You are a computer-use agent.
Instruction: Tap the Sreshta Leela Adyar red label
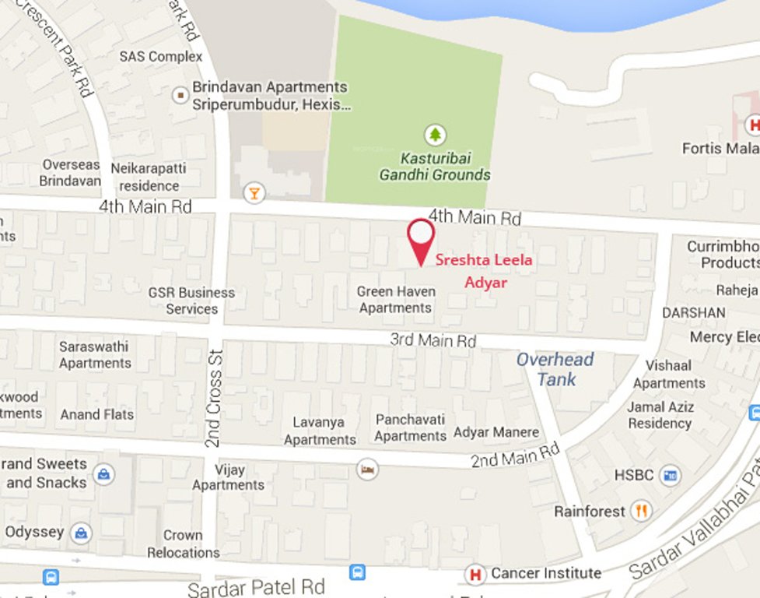click(x=484, y=271)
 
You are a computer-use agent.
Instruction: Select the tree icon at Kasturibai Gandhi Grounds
click(x=435, y=135)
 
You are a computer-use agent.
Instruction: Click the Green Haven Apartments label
click(x=395, y=300)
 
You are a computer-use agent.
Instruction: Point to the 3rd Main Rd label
click(x=433, y=340)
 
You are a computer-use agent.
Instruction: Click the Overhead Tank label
click(x=555, y=369)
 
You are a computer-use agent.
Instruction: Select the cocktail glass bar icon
click(x=253, y=192)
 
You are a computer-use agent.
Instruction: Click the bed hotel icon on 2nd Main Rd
click(x=367, y=469)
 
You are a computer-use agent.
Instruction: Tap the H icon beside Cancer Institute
click(x=475, y=575)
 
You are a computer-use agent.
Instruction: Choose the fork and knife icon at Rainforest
click(x=641, y=511)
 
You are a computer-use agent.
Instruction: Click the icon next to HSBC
click(x=669, y=475)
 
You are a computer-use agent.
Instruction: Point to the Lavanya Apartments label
click(x=319, y=431)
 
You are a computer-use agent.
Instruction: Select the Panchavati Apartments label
click(x=410, y=427)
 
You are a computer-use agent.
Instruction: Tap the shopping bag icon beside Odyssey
click(x=80, y=533)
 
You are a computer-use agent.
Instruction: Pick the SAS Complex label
click(x=161, y=57)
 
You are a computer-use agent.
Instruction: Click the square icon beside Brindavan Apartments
click(x=180, y=95)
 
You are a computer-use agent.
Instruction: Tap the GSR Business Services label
click(x=191, y=301)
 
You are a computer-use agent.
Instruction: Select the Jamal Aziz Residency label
click(x=660, y=415)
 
